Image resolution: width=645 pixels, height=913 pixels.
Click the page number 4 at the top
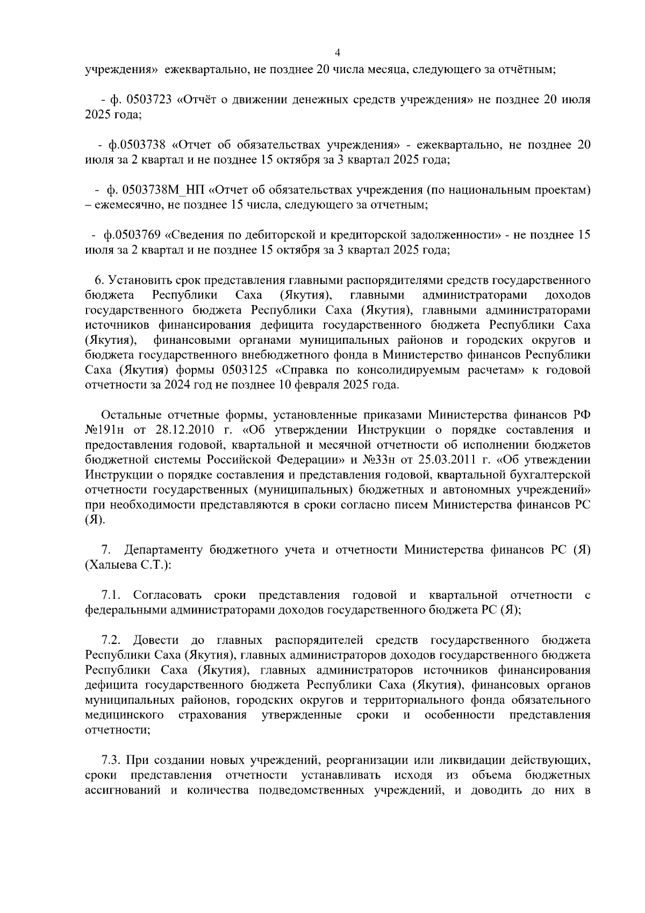click(338, 53)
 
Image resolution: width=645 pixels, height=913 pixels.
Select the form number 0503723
click(148, 100)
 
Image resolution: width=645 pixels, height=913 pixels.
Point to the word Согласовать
click(167, 595)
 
